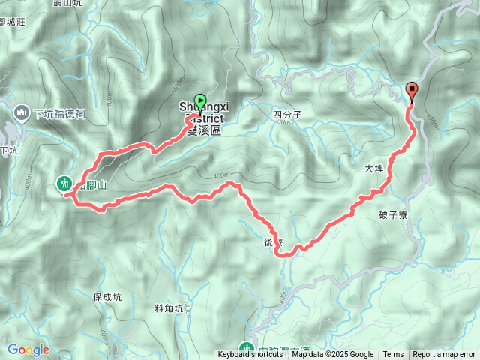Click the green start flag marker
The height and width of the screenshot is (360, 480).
pyautogui.click(x=200, y=100)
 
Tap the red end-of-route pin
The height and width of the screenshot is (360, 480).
pyautogui.click(x=412, y=91)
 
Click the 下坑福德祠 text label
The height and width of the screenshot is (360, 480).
pyautogui.click(x=59, y=114)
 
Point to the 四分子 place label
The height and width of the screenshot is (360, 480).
pyautogui.click(x=287, y=115)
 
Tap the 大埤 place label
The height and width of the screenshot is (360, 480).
pyautogui.click(x=373, y=170)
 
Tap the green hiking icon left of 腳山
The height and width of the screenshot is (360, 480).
pyautogui.click(x=64, y=182)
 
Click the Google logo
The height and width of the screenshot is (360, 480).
pyautogui.click(x=28, y=349)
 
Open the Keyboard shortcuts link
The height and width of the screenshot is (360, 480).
pyautogui.click(x=250, y=355)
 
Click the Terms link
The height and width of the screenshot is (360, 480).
pyautogui.click(x=393, y=355)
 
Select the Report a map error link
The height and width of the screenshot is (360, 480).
pyautogui.click(x=444, y=355)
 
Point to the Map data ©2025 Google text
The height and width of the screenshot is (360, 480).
pyautogui.click(x=332, y=355)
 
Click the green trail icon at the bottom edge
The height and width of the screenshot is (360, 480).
pyautogui.click(x=246, y=348)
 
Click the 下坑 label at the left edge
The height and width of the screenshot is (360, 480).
pyautogui.click(x=8, y=151)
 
